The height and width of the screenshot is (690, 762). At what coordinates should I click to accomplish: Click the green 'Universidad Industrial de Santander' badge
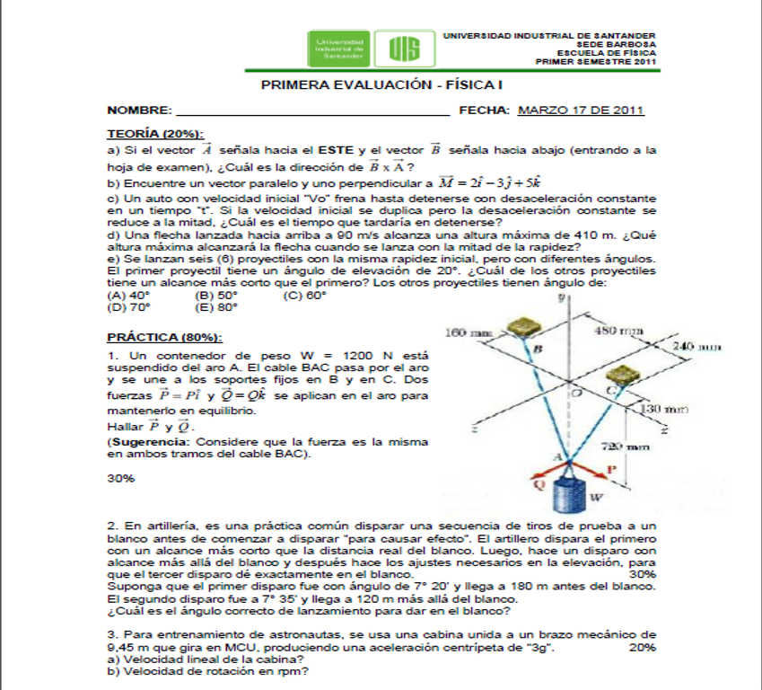pos(340,49)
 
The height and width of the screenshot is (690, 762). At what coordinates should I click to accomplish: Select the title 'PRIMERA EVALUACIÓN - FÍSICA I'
pos(381,84)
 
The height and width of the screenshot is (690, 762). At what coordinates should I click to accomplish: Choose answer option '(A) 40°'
pos(127,295)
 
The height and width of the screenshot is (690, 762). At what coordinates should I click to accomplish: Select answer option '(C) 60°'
pos(304,295)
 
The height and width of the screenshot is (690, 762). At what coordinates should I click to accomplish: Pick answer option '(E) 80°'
pos(216,306)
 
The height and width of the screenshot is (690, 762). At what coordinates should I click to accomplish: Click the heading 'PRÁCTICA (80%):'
pos(164,338)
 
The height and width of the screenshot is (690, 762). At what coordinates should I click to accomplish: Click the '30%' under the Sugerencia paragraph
pos(120,479)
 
